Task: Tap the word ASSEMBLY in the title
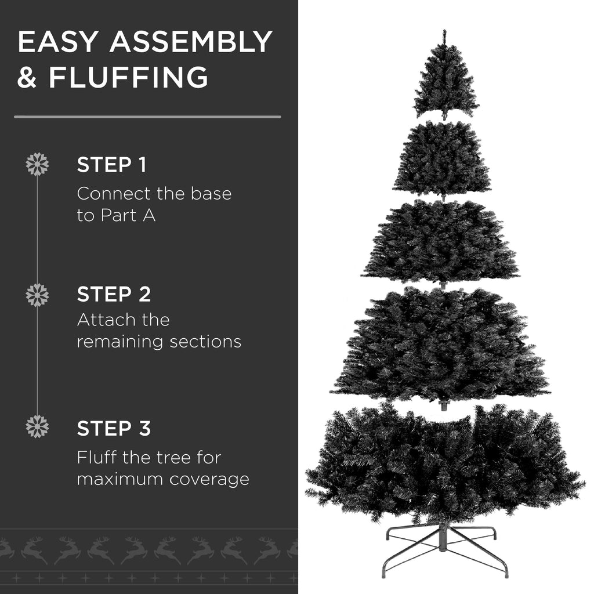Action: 191,42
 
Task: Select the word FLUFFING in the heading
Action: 128,77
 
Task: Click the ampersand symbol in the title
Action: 27,77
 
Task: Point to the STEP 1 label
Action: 111,165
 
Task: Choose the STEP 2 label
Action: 114,294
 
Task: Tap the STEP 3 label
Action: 114,429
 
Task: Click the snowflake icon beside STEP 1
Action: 37,164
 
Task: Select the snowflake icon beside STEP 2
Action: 37,295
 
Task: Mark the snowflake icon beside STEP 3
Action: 37,426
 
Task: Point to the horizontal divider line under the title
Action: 147,117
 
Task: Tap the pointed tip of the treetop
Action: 445,32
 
